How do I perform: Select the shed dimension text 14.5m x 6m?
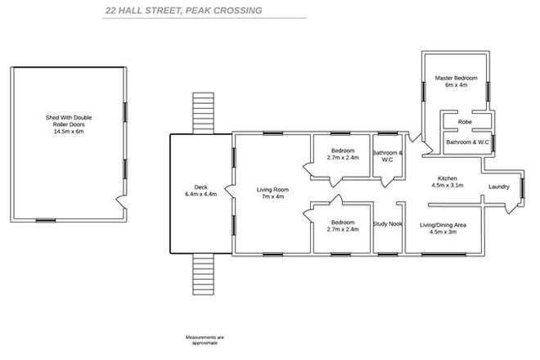pyautogui.click(x=69, y=131)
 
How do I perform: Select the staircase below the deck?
pyautogui.click(x=202, y=273)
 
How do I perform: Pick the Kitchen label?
pyautogui.click(x=447, y=178)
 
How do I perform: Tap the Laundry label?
pyautogui.click(x=499, y=187)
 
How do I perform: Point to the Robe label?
pyautogui.click(x=465, y=121)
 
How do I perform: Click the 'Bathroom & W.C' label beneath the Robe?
pyautogui.click(x=467, y=142)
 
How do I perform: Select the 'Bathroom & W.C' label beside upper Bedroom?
pyautogui.click(x=387, y=155)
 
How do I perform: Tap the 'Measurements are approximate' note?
pyautogui.click(x=204, y=340)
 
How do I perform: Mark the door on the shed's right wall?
pyautogui.click(x=121, y=200)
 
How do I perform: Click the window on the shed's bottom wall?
pyautogui.click(x=46, y=219)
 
